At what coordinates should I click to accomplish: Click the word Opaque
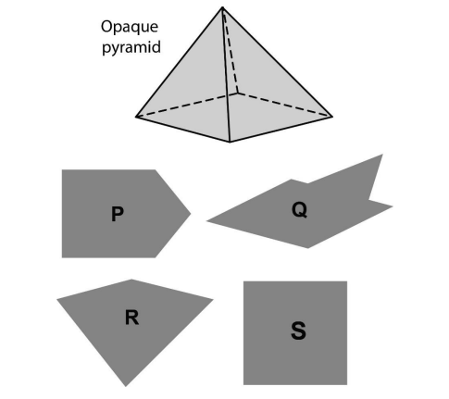(130, 28)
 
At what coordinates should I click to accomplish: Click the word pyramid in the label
(131, 48)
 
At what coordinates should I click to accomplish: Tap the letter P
(118, 214)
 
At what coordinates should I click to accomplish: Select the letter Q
(299, 210)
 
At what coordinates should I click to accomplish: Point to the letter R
(132, 318)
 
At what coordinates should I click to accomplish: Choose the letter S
(298, 330)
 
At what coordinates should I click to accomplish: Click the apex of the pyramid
(222, 7)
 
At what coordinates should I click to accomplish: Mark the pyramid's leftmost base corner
(136, 117)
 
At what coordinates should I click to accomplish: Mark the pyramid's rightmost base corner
(332, 117)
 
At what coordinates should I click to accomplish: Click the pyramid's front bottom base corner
(230, 142)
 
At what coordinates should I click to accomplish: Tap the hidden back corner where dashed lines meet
(238, 93)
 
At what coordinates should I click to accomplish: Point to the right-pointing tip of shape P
(191, 213)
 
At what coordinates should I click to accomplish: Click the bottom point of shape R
(126, 386)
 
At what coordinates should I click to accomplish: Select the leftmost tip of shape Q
(206, 220)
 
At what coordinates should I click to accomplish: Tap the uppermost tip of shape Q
(382, 155)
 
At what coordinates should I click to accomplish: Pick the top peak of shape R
(131, 280)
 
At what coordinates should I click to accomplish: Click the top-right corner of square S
(347, 281)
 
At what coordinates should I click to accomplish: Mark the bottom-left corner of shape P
(62, 257)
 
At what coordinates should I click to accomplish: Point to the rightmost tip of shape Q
(393, 206)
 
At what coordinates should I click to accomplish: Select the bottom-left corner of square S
(243, 385)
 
